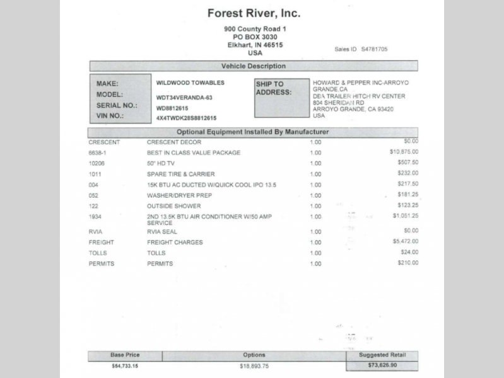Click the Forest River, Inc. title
pos(254,13)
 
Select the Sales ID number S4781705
pos(374,49)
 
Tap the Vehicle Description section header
pos(253,66)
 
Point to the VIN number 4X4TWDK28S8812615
pos(186,118)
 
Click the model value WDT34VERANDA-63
pos(184,98)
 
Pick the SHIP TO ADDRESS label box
pos(281,98)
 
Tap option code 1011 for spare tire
pos(95,174)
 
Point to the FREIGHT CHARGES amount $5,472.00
pos(405,241)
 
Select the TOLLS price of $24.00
pos(409,253)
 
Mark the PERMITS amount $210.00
pos(407,263)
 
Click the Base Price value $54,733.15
pos(124,365)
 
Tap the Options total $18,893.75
pos(254,365)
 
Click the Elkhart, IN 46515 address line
pos(255,45)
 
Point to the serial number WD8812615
pos(172,108)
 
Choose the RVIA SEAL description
pos(162,232)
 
